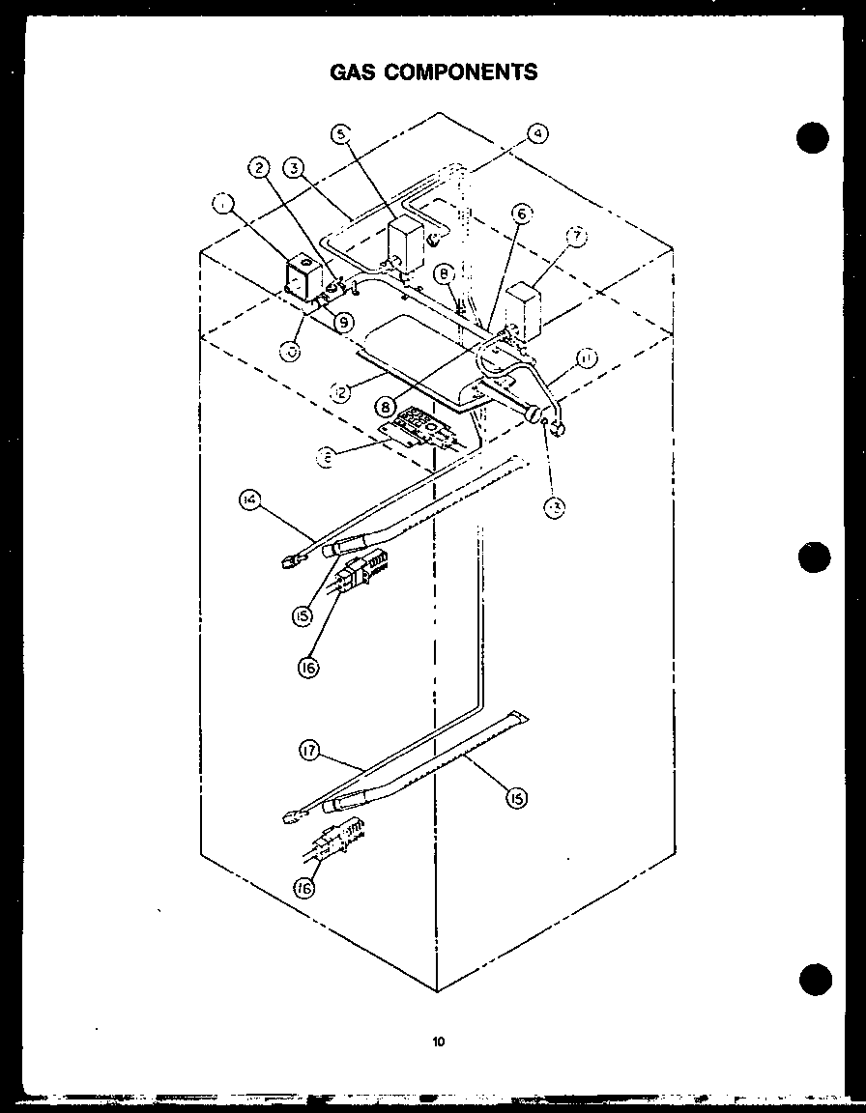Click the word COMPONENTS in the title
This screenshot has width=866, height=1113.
pos(462,71)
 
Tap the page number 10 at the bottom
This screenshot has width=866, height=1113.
pos(439,1042)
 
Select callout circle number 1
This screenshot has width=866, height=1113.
pos(223,204)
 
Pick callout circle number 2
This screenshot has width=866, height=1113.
pos(259,167)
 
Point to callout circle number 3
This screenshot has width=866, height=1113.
pos(297,167)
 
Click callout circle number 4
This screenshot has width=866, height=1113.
pos(537,133)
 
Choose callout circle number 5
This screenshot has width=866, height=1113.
pos(340,134)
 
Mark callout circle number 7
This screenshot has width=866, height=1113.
pos(577,236)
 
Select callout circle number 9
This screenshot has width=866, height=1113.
pos(342,322)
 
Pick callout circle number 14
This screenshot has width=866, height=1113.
pos(249,499)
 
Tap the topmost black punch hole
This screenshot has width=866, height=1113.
pos(814,137)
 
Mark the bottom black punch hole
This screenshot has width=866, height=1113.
pos(814,980)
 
